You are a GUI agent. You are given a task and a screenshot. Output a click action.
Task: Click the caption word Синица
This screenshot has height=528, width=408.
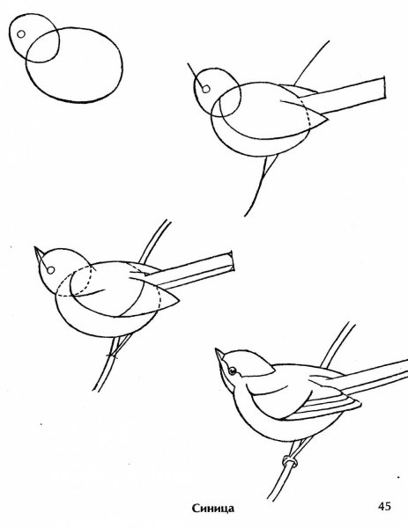coord(212,508)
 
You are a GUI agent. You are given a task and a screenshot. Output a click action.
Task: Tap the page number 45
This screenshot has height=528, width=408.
coord(384,506)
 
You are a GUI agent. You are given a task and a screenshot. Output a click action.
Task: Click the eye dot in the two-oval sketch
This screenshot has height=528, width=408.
coord(21,34)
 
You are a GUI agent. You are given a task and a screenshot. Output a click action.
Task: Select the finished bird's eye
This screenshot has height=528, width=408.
coord(233,370)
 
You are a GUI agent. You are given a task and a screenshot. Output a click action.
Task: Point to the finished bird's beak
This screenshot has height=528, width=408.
coord(219,355)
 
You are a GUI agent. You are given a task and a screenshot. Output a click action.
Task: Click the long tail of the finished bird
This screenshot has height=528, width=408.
coord(371,377)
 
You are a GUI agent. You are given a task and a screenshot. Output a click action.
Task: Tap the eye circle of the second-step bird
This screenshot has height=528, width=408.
coord(206,89)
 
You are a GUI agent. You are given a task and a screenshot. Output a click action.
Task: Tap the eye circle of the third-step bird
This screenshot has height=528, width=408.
coord(50,270)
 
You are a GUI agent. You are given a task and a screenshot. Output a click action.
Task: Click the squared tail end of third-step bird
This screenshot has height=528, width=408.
coord(232,261)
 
